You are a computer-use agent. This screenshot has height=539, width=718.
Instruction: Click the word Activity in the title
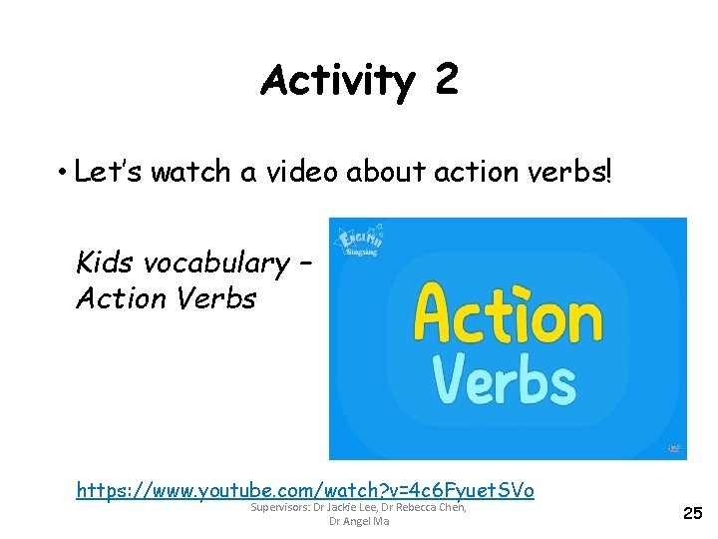pyautogui.click(x=336, y=80)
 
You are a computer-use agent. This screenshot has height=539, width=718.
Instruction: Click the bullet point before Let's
pyautogui.click(x=60, y=173)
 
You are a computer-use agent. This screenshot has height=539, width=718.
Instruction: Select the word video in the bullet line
pyautogui.click(x=300, y=172)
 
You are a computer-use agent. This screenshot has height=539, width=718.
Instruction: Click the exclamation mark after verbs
pyautogui.click(x=608, y=172)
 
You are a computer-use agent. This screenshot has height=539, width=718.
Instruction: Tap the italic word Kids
pyautogui.click(x=106, y=263)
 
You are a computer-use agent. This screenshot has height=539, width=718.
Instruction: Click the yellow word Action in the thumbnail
pyautogui.click(x=509, y=314)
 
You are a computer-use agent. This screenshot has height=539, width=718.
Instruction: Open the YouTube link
pyautogui.click(x=305, y=490)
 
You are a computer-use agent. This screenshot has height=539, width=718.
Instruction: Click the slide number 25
pyautogui.click(x=692, y=513)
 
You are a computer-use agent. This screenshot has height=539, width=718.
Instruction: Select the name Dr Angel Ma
pyautogui.click(x=359, y=522)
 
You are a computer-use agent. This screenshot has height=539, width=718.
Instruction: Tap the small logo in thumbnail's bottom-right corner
pyautogui.click(x=675, y=448)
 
